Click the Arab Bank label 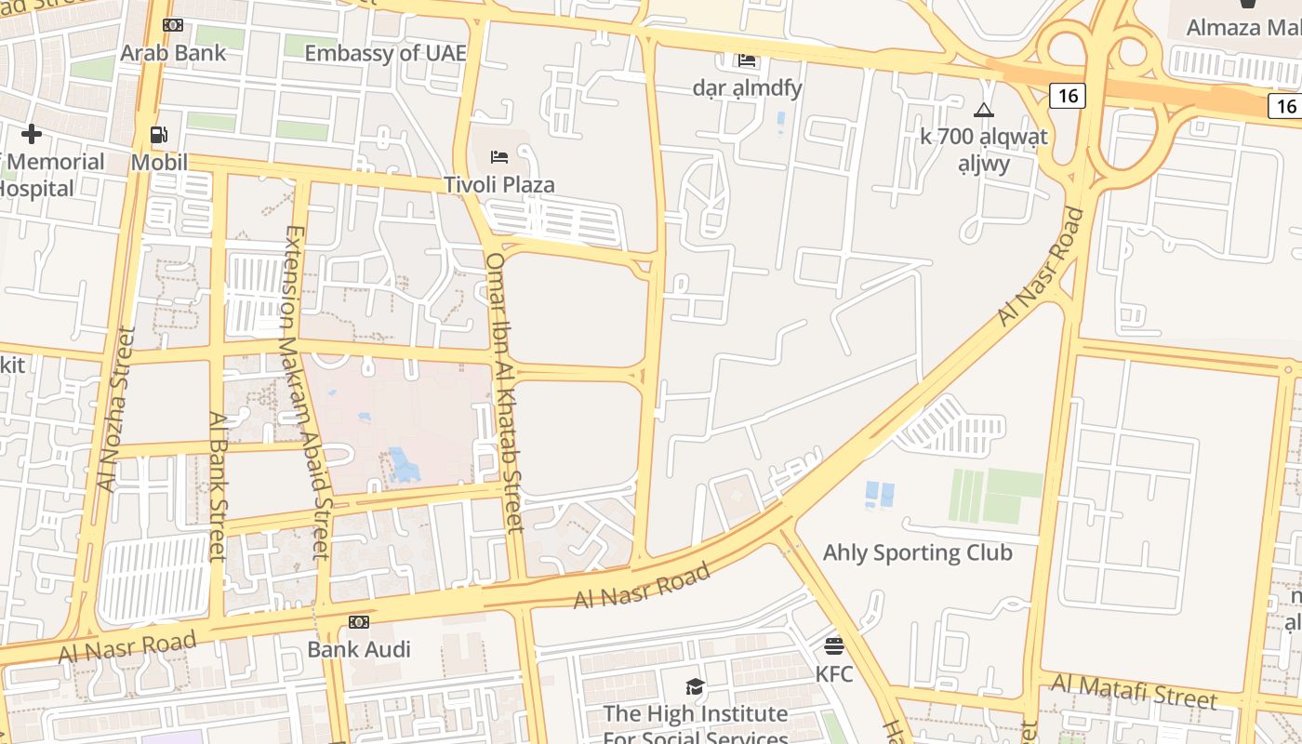(173, 53)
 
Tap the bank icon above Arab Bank (173, 25)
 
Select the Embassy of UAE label (385, 53)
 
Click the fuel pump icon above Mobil (159, 136)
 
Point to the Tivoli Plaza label (499, 184)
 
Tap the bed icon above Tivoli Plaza (499, 156)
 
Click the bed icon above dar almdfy (747, 61)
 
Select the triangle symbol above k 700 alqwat (984, 110)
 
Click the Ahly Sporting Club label (917, 552)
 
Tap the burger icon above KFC (834, 645)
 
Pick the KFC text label (834, 673)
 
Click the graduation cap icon (695, 687)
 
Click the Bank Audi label (359, 649)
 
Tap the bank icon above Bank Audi (359, 621)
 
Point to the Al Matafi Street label (1134, 692)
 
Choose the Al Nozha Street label (117, 409)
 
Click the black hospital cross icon (32, 134)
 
